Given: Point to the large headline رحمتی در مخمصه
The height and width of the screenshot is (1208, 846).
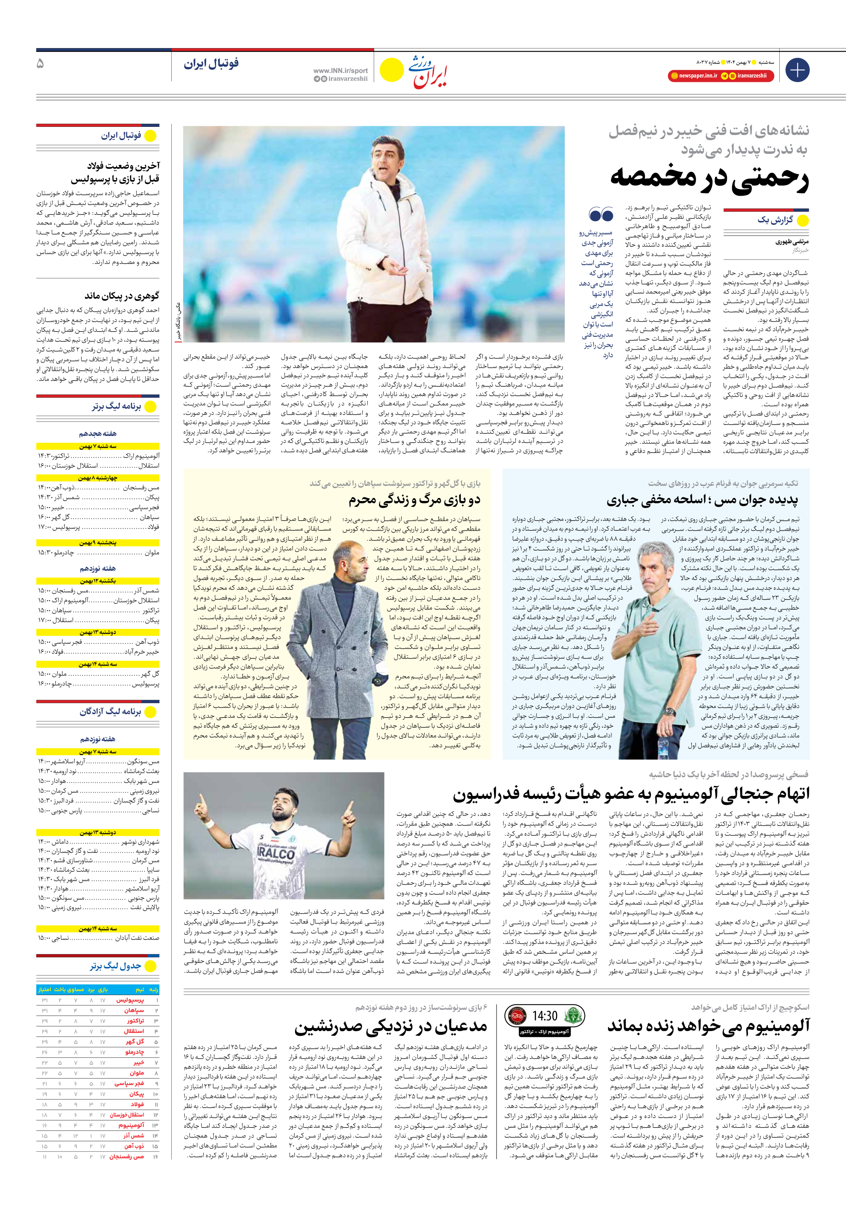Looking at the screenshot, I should [709, 178].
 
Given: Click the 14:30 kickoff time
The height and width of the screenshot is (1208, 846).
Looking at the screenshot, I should [544, 1016].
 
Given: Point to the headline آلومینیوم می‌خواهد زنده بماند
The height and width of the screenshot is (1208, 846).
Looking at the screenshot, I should [708, 1026].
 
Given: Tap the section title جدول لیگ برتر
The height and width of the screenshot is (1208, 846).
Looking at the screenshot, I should [115, 966].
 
